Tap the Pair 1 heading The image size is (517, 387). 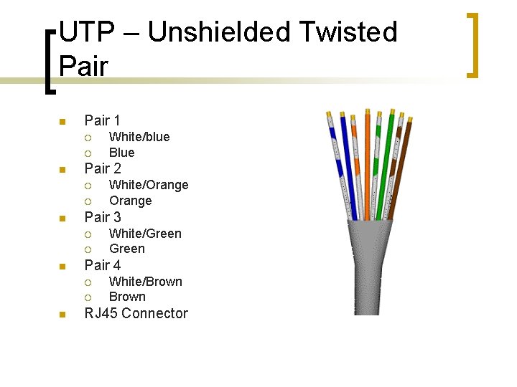103,120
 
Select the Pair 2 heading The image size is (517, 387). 103,168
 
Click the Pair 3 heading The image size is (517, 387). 103,216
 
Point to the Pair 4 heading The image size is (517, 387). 103,264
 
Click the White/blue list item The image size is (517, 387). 139,137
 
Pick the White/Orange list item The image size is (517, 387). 149,185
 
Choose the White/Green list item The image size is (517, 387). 145,234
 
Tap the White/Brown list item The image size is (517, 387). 145,282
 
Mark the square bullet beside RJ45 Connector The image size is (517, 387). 62,315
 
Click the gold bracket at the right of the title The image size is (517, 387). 474,44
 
